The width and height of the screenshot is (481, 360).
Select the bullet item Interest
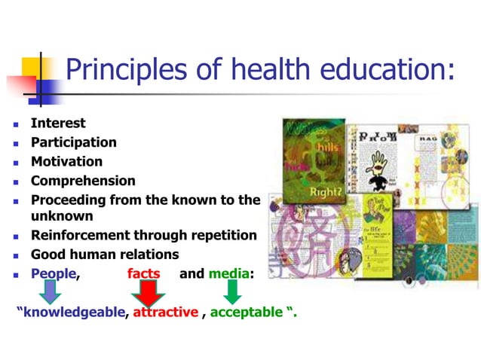58,123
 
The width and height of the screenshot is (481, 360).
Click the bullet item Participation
73,142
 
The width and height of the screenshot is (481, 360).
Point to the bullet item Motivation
66,161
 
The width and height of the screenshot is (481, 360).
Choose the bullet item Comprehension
83,181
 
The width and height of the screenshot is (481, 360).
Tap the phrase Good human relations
104,254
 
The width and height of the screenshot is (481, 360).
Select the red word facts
143,273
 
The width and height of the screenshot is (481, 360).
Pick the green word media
229,273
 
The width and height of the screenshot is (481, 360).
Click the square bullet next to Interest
16,124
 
